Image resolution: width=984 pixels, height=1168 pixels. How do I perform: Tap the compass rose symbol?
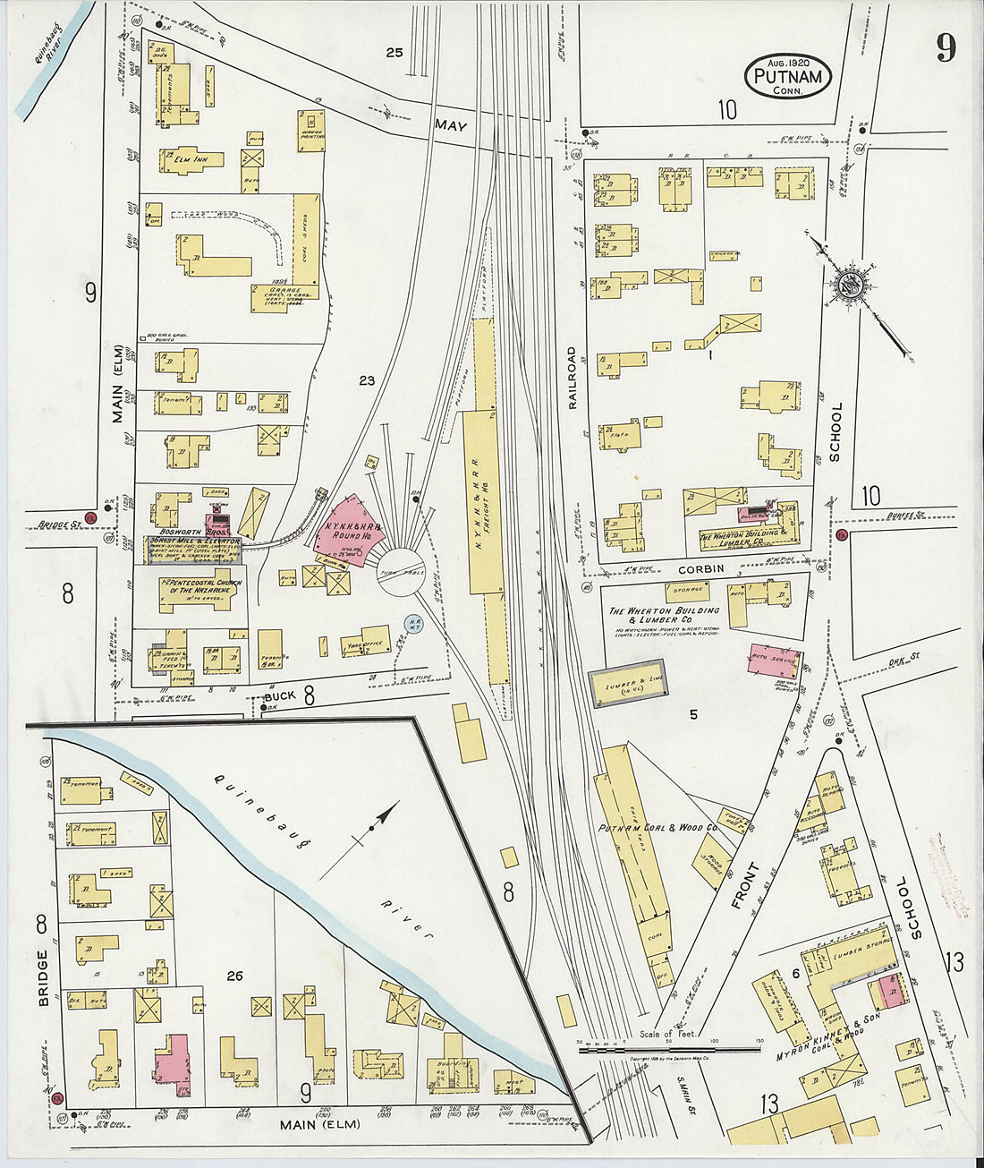[845, 285]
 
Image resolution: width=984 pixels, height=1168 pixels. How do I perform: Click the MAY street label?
[452, 127]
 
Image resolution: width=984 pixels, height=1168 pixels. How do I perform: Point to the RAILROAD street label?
[573, 378]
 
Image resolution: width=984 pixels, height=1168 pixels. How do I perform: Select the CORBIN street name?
[700, 569]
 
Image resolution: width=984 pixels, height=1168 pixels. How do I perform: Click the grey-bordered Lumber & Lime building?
[626, 684]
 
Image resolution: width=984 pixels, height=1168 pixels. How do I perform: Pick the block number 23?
[366, 381]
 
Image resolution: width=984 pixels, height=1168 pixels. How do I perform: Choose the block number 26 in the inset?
[234, 976]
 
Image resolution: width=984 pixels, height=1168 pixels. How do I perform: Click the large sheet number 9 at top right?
[946, 47]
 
